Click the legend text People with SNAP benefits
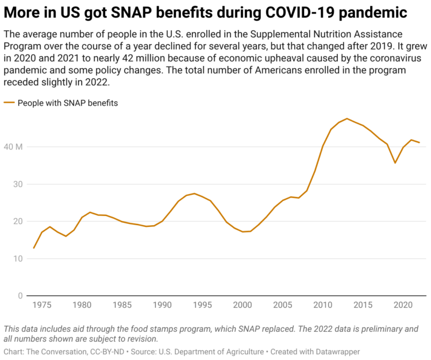[x=68, y=103]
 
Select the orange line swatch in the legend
[x=9, y=103]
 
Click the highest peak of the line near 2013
[x=347, y=118]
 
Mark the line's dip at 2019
[x=395, y=163]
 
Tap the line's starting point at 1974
[x=34, y=248]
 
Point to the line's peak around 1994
[x=194, y=193]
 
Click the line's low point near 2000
[x=243, y=232]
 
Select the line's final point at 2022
[x=419, y=142]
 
